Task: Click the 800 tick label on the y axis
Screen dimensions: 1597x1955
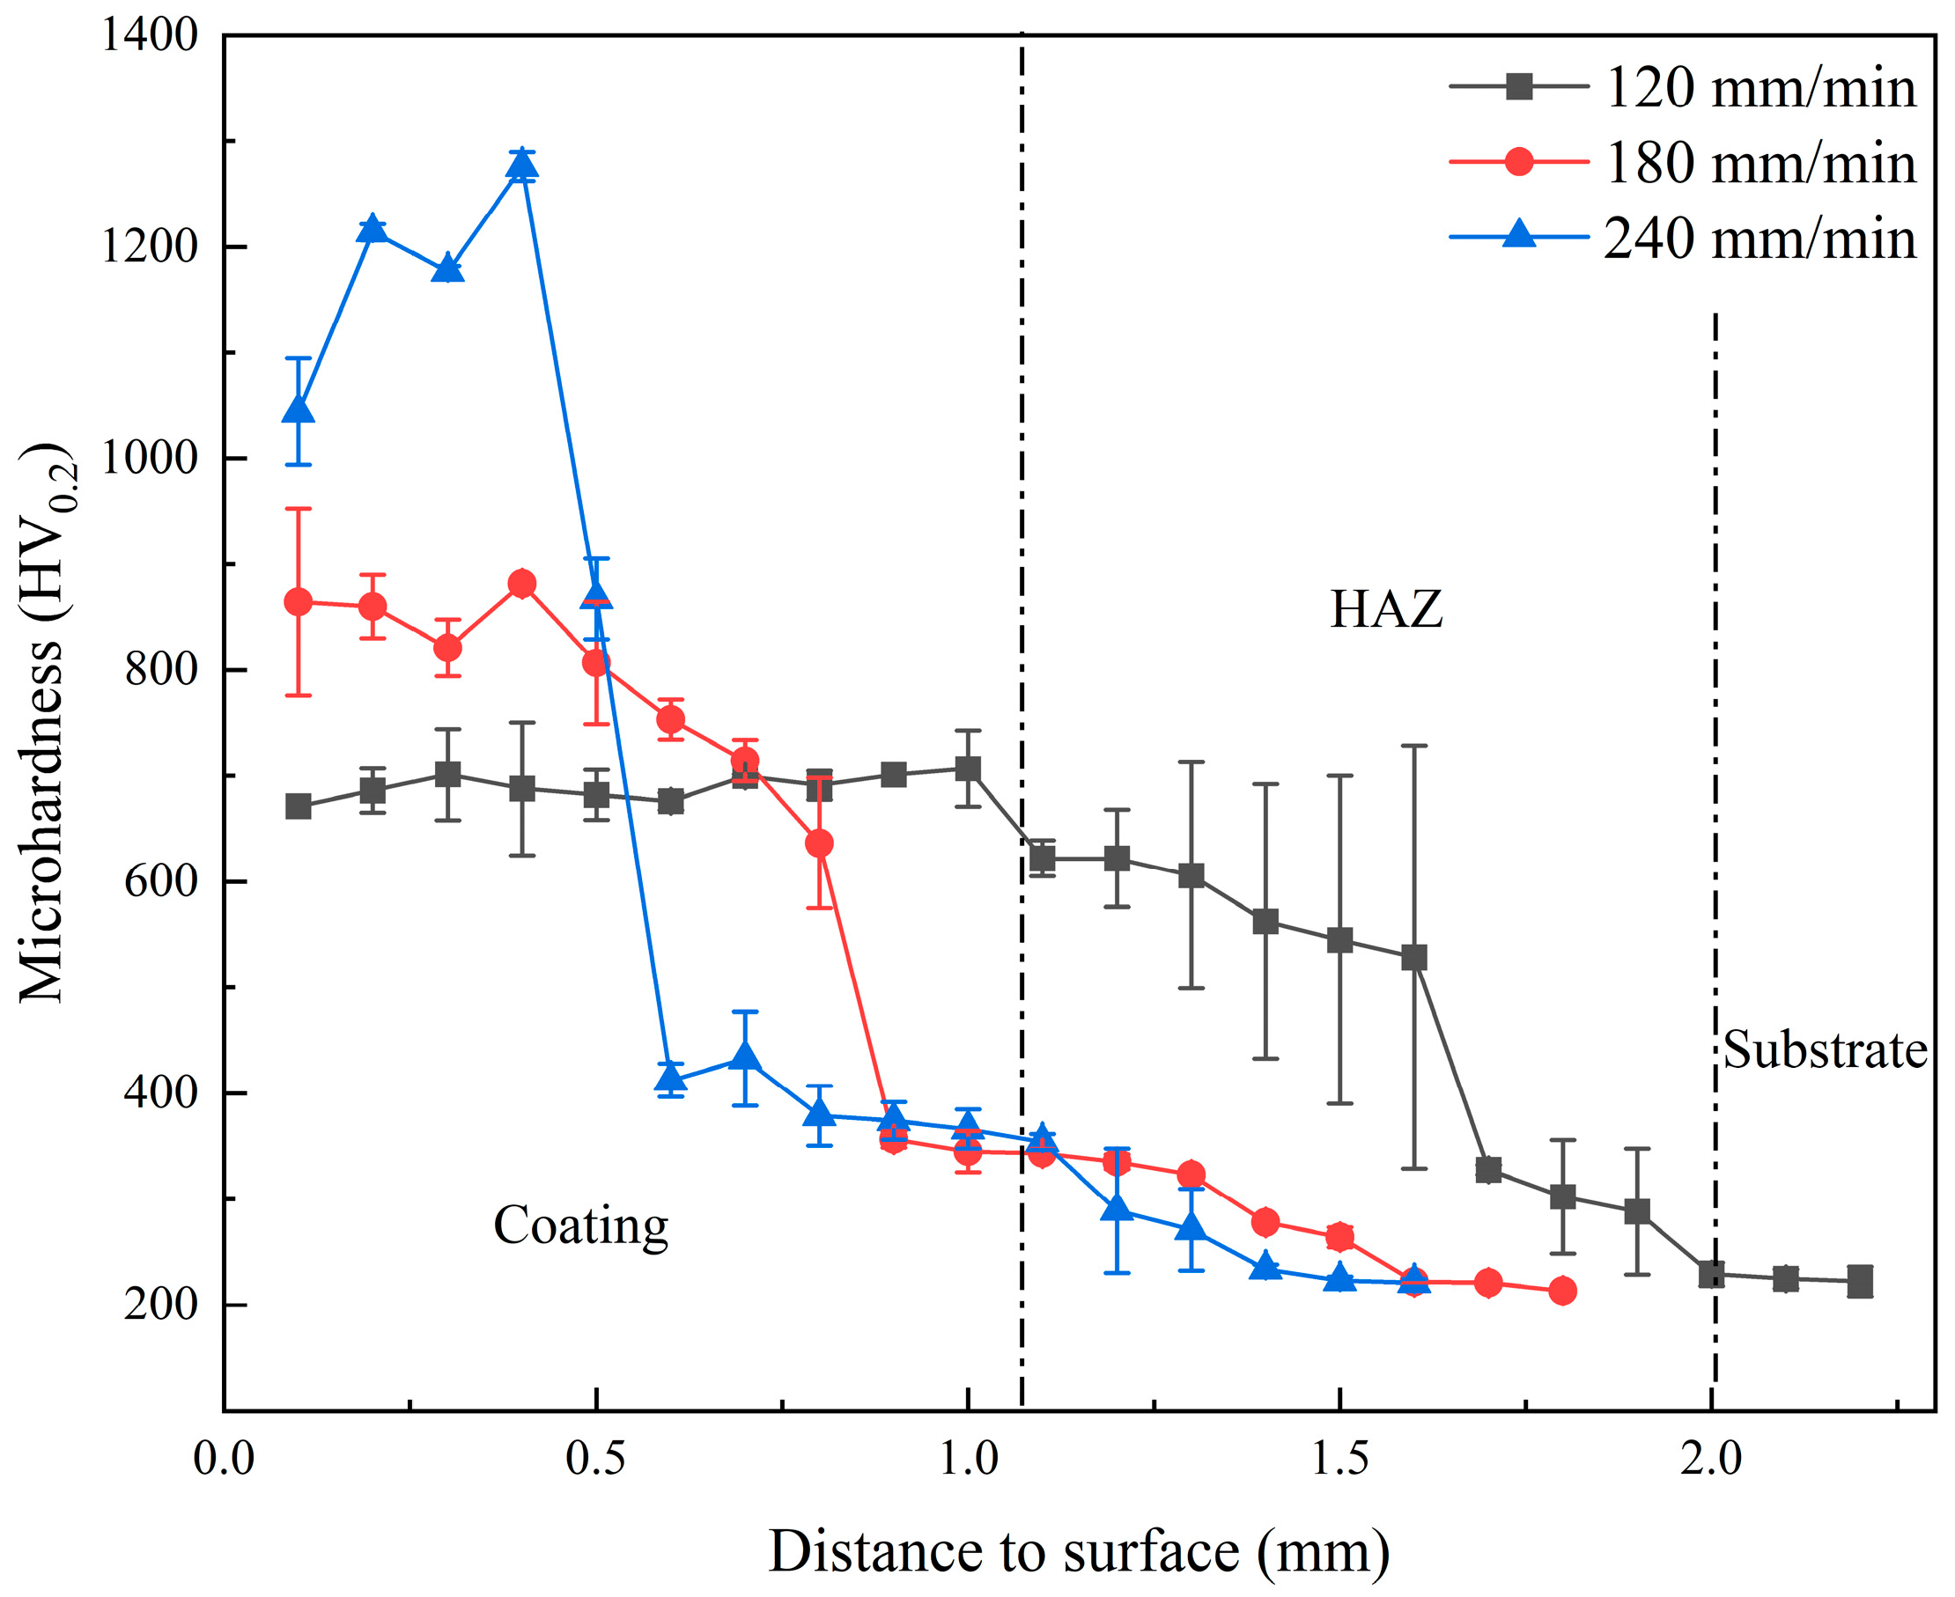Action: point(161,670)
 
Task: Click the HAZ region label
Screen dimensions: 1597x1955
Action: point(1385,609)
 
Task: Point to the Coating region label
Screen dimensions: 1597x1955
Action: point(580,1226)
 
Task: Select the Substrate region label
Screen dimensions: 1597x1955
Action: point(1825,1049)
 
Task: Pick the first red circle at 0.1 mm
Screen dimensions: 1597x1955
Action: point(298,602)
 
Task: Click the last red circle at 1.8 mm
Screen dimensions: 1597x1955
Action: point(1562,1292)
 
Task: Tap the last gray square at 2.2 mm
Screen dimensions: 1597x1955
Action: point(1860,1282)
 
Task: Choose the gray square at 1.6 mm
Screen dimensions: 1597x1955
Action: point(1414,959)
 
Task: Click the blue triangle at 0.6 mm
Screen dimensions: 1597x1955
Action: point(671,1079)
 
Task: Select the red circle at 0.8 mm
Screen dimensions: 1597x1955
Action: point(819,843)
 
